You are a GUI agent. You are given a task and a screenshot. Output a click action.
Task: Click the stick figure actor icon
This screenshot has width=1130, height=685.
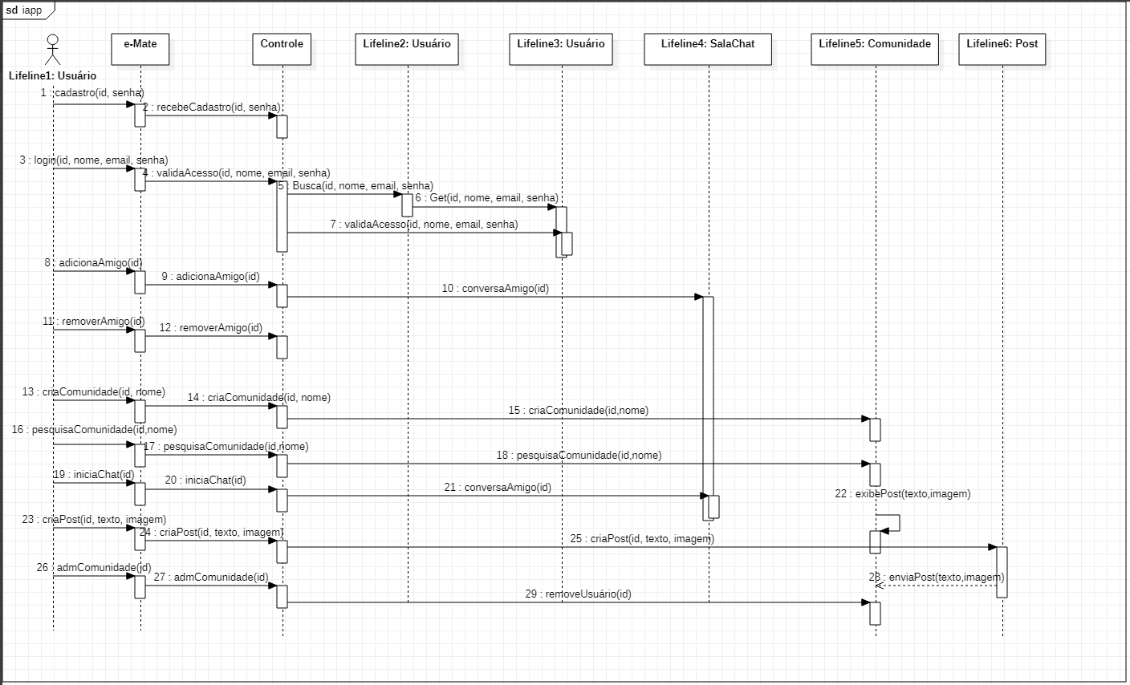click(x=53, y=50)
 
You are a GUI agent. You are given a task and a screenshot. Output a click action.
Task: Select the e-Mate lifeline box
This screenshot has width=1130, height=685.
click(x=140, y=49)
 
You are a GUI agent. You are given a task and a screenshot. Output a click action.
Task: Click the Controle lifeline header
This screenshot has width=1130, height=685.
click(x=282, y=49)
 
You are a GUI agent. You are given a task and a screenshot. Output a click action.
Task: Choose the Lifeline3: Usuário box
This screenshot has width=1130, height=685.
click(x=561, y=49)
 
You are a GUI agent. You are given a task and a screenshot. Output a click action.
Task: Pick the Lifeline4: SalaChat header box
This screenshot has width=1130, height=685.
click(x=707, y=49)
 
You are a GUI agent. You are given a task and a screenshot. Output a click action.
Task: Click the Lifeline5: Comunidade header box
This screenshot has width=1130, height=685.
click(x=875, y=49)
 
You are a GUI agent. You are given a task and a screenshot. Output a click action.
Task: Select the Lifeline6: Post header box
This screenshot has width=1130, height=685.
click(x=1002, y=49)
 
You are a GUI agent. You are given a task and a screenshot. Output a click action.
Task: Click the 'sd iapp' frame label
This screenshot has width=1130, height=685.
click(x=24, y=10)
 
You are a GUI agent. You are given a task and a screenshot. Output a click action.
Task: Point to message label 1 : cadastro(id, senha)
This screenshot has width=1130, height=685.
click(x=92, y=93)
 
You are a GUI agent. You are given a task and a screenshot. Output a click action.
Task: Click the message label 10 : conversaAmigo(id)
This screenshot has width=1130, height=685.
click(x=495, y=288)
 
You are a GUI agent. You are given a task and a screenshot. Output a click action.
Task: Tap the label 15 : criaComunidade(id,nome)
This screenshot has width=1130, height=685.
click(x=578, y=410)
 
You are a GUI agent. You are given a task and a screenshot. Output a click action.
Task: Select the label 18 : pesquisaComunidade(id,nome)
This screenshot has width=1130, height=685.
click(x=579, y=455)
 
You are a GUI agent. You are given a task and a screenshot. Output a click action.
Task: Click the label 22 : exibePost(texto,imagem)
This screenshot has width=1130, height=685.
click(x=902, y=493)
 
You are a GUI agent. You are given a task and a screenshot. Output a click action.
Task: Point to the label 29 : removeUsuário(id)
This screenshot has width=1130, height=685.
click(x=578, y=594)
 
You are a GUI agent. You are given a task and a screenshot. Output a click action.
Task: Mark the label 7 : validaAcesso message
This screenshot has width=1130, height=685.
click(x=424, y=224)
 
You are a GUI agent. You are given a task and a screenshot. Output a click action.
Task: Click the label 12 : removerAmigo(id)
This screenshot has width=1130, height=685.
click(x=210, y=327)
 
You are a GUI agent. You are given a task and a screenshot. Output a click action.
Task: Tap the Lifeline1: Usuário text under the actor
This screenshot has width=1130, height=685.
click(x=53, y=75)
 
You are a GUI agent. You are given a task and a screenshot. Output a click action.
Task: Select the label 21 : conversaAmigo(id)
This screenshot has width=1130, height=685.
click(x=498, y=487)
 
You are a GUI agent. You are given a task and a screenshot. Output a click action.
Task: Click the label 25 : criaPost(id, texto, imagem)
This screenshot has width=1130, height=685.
click(x=642, y=538)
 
